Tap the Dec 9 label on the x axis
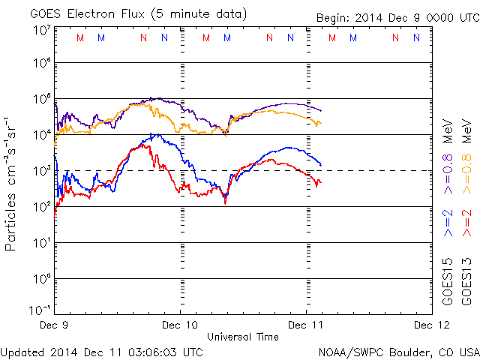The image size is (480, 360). tap(55, 325)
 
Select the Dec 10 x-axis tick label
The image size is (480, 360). tap(180, 325)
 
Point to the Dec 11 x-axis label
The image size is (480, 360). tap(306, 325)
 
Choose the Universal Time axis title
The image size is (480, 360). tap(242, 337)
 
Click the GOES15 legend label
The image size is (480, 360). tap(448, 283)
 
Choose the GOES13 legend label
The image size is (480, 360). tap(466, 283)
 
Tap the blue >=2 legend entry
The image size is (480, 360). tap(448, 223)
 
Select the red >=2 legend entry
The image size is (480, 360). tap(466, 223)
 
